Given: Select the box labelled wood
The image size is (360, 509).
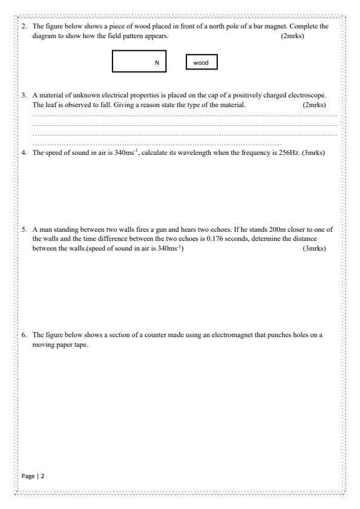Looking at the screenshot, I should point(201,62).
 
